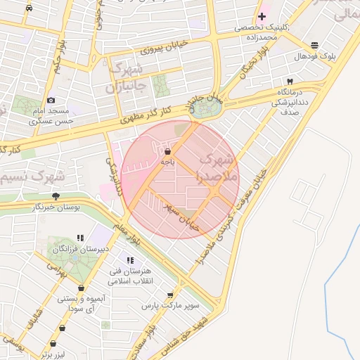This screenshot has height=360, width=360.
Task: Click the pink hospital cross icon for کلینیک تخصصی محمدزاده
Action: (262, 16)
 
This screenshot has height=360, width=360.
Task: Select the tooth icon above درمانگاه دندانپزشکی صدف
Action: (289, 82)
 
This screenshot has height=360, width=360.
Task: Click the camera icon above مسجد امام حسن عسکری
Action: (51, 101)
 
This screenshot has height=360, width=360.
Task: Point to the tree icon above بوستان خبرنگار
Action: (56, 196)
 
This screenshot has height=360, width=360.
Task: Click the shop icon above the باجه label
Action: (167, 151)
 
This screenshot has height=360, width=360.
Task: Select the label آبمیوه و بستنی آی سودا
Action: (82, 303)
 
